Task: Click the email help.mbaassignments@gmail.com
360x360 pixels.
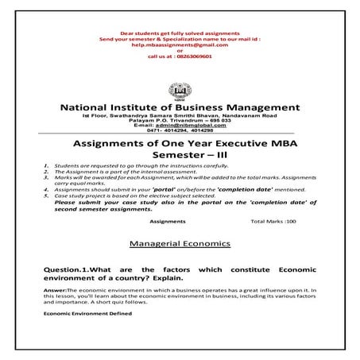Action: coord(179,45)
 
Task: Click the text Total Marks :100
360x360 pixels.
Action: coord(273,221)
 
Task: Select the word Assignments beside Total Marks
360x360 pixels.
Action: coord(167,221)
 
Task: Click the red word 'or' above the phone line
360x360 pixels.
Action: coord(180,52)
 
